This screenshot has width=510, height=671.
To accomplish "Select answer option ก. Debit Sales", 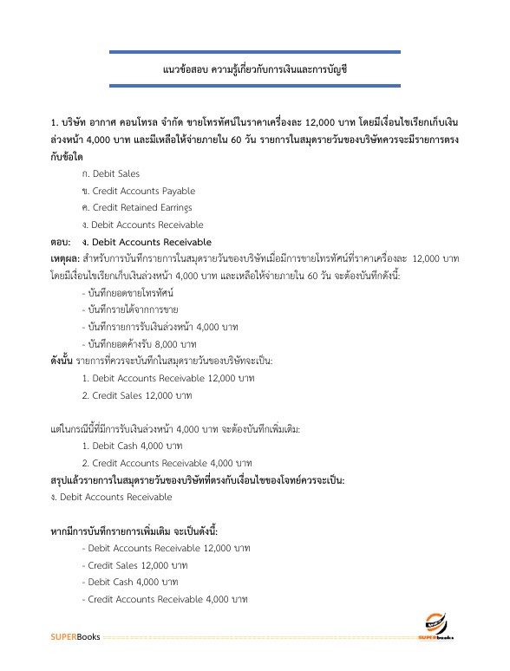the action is click(110, 173).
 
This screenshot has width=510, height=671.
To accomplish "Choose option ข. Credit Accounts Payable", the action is click(138, 191).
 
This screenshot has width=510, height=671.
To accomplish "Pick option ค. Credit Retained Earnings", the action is click(137, 208).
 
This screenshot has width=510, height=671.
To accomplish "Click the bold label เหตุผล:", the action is click(65, 259).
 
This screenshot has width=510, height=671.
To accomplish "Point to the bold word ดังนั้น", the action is click(62, 361).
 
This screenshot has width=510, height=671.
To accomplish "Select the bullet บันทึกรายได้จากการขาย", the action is click(131, 309).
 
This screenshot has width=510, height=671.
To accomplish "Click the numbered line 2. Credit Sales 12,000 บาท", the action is click(136, 395).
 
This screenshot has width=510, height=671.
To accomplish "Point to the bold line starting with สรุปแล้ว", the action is click(198, 480).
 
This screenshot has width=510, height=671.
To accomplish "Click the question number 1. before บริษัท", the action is click(54, 122).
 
